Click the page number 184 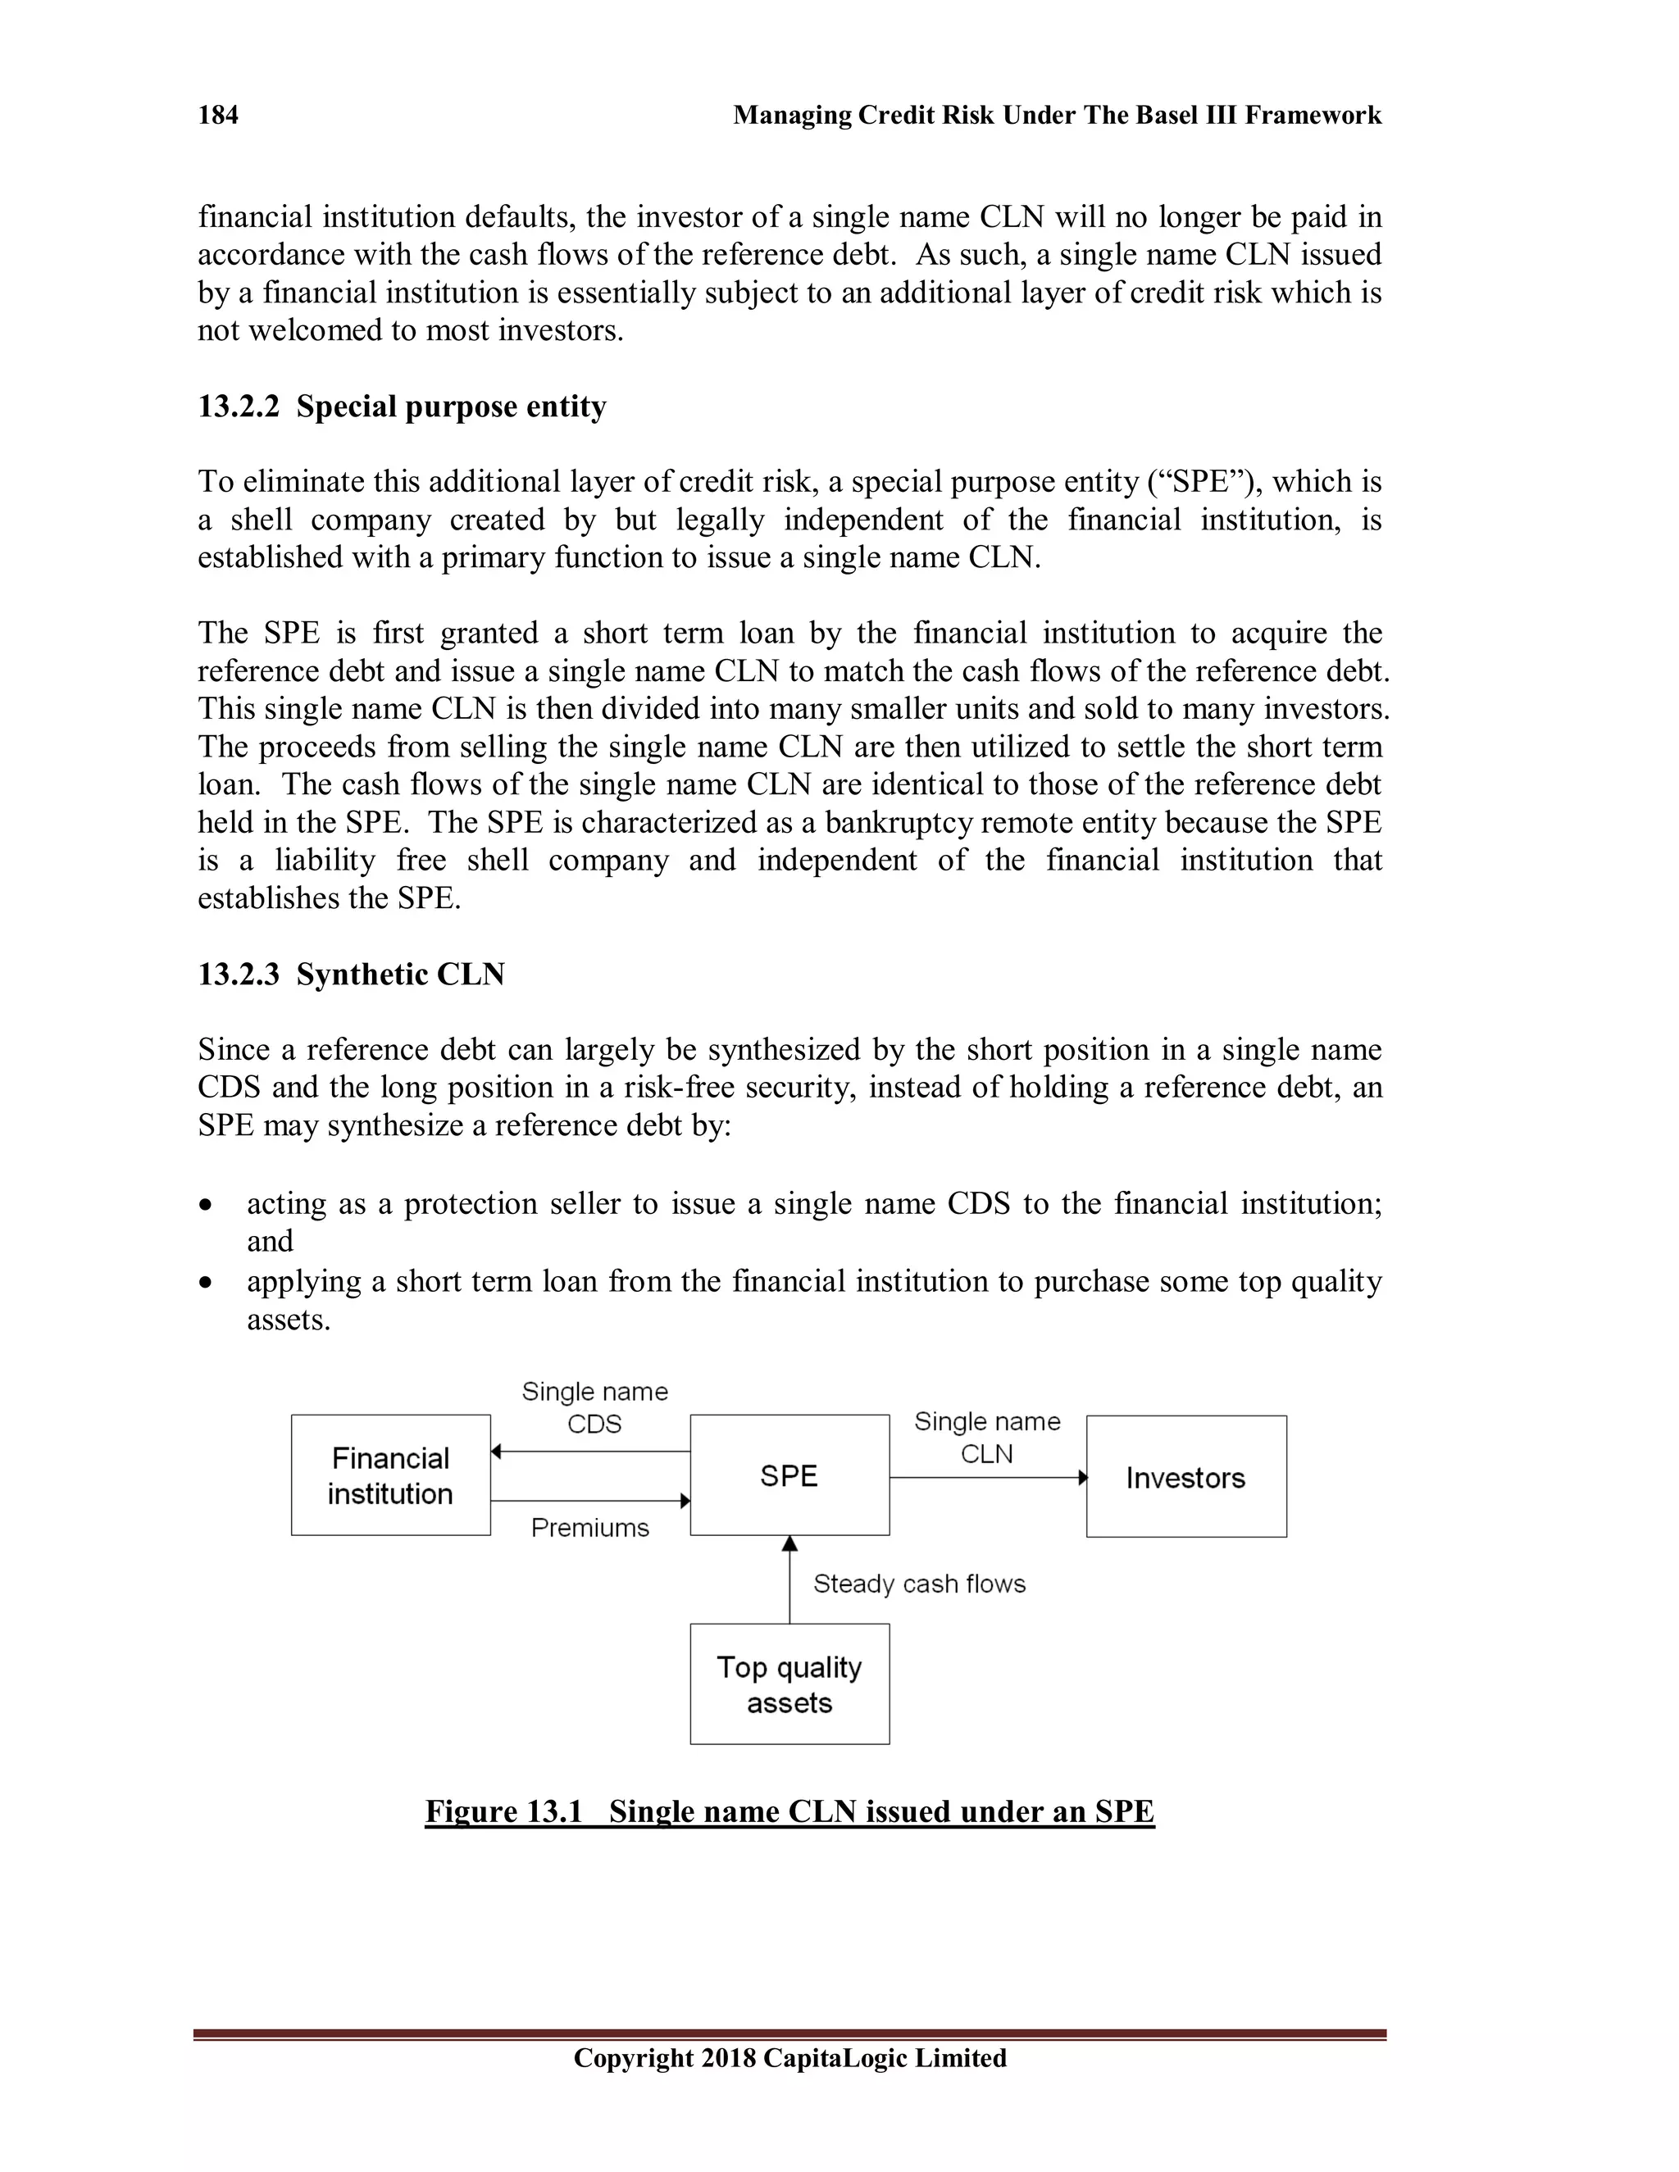click(218, 116)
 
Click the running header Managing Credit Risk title click(1056, 116)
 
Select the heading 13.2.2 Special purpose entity click(402, 407)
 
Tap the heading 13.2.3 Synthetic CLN click(351, 974)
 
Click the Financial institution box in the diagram click(391, 1475)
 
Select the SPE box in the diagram click(789, 1475)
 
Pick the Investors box click(1185, 1477)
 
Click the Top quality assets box click(789, 1684)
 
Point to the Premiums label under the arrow click(589, 1528)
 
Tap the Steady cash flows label click(919, 1584)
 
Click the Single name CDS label click(595, 1407)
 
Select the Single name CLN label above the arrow click(987, 1437)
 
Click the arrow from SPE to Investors click(987, 1478)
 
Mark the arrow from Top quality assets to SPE click(789, 1581)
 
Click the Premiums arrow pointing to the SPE click(589, 1501)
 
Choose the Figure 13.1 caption click(789, 1811)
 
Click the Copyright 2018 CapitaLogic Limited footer click(789, 2057)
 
